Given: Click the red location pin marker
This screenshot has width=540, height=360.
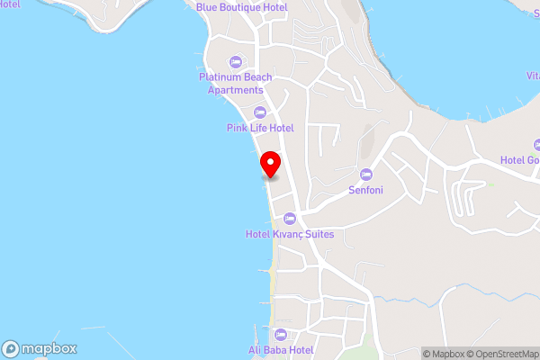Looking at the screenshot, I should pos(270,164).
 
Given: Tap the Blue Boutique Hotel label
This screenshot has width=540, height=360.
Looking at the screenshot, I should pos(242,7).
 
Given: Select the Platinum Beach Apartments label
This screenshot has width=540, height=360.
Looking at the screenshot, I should pos(236,83).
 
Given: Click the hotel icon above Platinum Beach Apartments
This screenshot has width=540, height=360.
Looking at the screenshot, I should pos(236,61).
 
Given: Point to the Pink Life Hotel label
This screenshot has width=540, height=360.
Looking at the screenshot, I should pos(260,128).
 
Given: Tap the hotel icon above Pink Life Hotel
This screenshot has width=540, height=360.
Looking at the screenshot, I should pos(260,112).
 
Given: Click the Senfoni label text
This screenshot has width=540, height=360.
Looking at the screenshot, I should pos(366,190).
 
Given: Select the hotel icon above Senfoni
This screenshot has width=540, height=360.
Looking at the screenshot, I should pos(365,174).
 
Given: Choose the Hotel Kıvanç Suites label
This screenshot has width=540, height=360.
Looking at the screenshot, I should pos(290,234).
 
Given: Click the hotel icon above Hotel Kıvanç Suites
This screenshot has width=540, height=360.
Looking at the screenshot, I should pos(290,218).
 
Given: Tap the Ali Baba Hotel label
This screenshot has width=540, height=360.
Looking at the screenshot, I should pos(280,350).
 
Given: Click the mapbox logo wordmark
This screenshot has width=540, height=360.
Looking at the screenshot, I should pos(49,349).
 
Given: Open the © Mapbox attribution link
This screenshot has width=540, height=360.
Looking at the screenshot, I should pos(445,354).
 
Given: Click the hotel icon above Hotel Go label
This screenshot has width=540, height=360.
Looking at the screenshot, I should pos(536,144).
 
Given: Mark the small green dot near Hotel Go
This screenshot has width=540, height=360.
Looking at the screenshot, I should pos(491,184).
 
